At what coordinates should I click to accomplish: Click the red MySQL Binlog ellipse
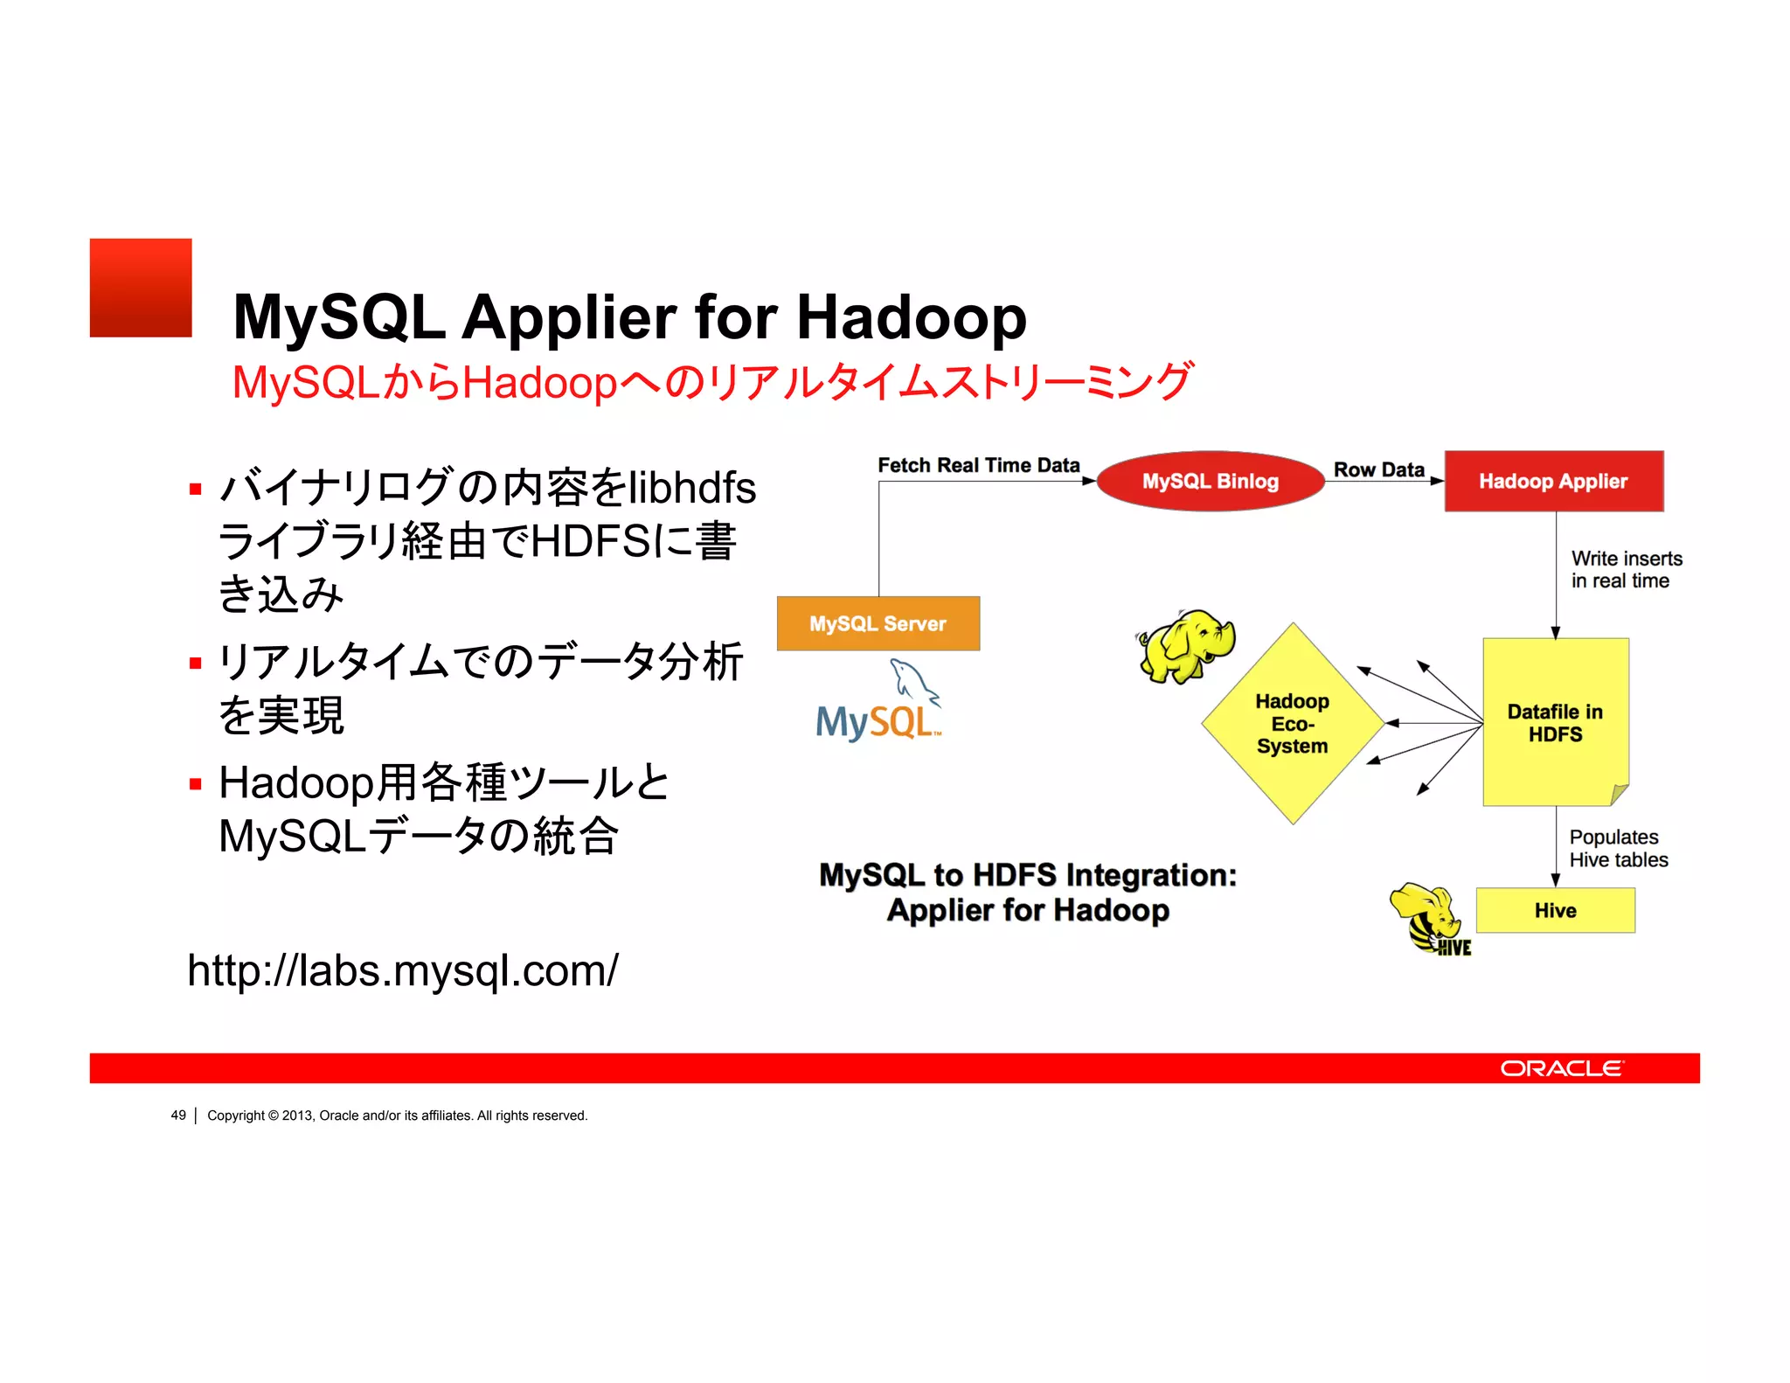[x=1210, y=481]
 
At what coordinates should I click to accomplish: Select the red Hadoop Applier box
[x=1553, y=481]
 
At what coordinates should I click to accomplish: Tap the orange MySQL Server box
[x=878, y=623]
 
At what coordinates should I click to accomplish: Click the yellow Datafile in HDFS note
[x=1555, y=722]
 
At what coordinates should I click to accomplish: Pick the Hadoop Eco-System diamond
[x=1292, y=723]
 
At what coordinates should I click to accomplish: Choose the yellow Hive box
[x=1555, y=910]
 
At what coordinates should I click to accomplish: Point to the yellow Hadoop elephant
[x=1187, y=646]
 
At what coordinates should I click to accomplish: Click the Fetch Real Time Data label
[x=978, y=465]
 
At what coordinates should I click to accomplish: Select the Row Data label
[x=1378, y=469]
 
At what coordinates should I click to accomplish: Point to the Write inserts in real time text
[x=1625, y=569]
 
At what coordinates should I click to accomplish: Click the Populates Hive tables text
[x=1618, y=848]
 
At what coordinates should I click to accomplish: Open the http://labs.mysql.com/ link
[x=403, y=970]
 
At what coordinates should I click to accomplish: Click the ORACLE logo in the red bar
[x=1561, y=1068]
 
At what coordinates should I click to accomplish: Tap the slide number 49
[x=178, y=1115]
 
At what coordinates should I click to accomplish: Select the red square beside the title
[x=141, y=288]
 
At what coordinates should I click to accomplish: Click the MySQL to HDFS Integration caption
[x=1028, y=892]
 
